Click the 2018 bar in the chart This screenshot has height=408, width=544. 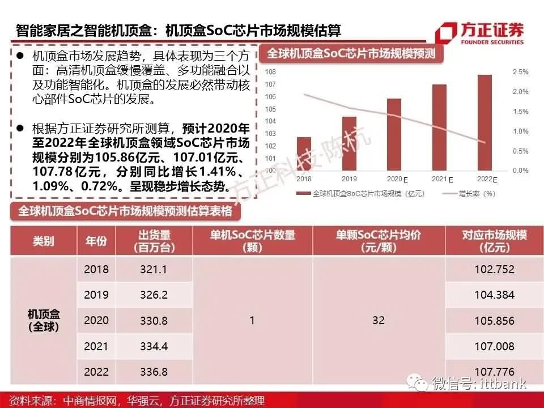click(x=304, y=154)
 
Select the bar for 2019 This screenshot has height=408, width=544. click(x=350, y=143)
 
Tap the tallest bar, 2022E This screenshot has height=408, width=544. click(x=484, y=122)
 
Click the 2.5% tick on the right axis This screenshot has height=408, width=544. click(x=520, y=72)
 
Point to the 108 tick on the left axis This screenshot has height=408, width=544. click(x=270, y=72)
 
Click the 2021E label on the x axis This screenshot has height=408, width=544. click(x=442, y=179)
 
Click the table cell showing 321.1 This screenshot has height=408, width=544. click(x=154, y=269)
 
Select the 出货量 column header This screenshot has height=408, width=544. click(x=154, y=241)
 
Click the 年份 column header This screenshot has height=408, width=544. click(x=96, y=241)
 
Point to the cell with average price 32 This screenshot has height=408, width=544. click(x=379, y=321)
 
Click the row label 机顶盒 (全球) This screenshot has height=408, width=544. click(x=44, y=321)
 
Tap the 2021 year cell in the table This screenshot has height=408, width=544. click(x=96, y=346)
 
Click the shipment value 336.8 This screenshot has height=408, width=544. click(x=154, y=372)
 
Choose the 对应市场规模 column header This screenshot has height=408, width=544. click(x=494, y=241)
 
